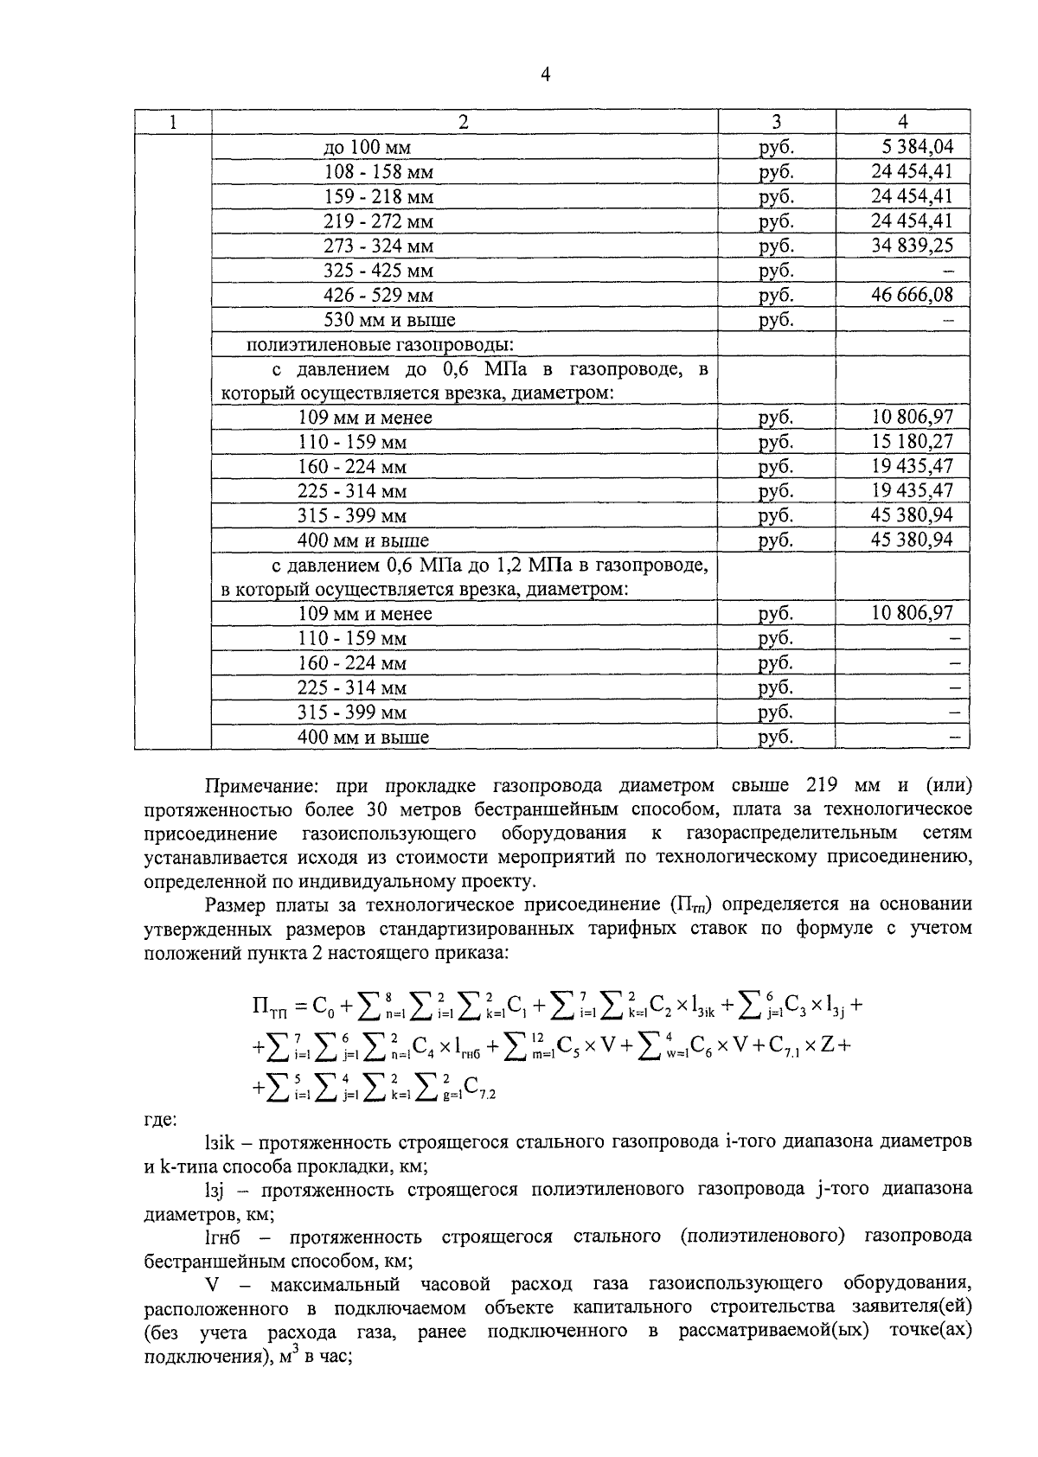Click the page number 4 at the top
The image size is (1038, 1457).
point(545,75)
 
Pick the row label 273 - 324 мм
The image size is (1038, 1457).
point(378,246)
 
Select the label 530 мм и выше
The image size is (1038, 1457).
point(389,320)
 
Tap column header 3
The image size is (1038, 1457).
point(776,122)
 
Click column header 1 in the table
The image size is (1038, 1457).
point(173,122)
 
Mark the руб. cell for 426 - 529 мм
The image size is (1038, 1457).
point(776,296)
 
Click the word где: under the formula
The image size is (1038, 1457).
point(160,1120)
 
